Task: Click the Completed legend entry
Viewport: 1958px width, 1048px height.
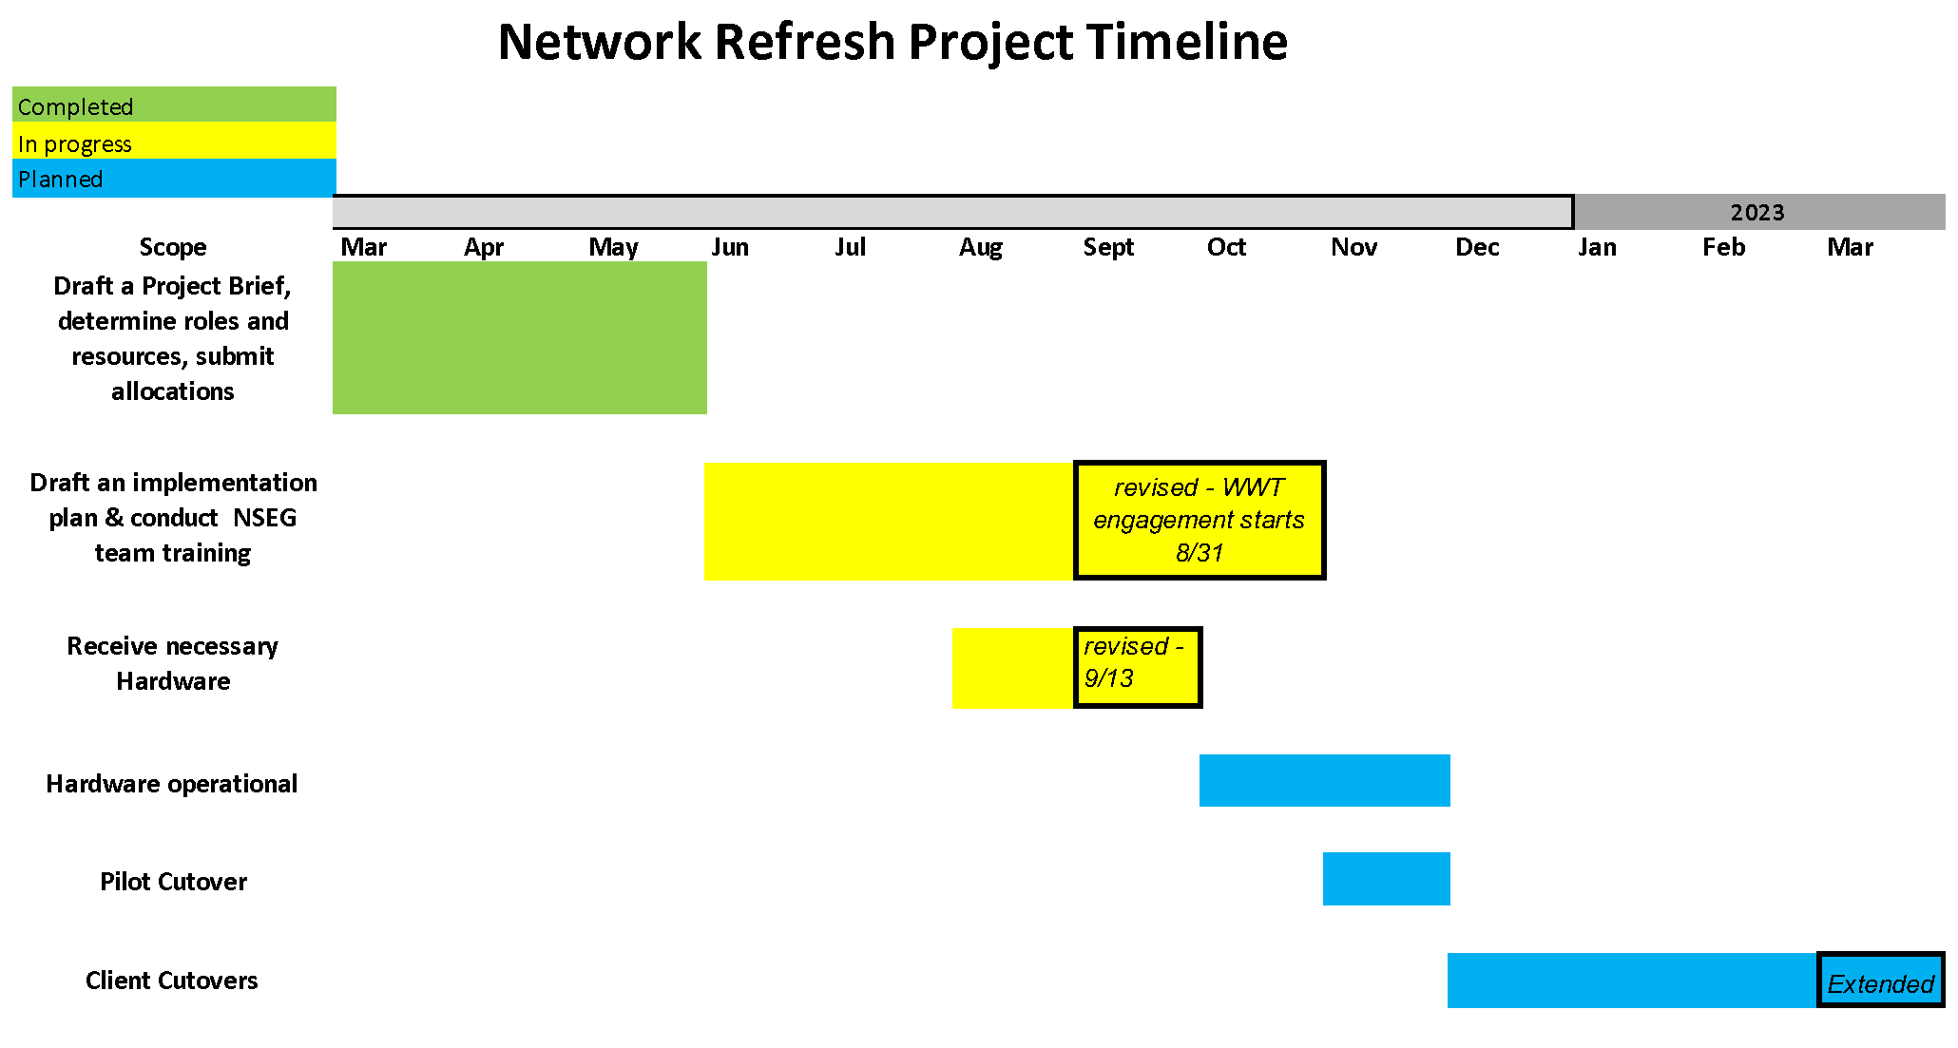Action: click(x=174, y=105)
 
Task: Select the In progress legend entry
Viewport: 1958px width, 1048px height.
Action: click(x=174, y=141)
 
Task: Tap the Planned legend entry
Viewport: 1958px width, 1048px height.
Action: click(x=174, y=178)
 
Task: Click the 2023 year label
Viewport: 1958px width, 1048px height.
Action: click(x=1756, y=212)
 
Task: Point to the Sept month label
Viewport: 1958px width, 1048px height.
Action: click(x=1108, y=248)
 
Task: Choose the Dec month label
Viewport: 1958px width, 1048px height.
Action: click(x=1477, y=247)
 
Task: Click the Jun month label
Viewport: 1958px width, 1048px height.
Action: click(x=730, y=247)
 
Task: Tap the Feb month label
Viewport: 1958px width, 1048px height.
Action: click(x=1723, y=247)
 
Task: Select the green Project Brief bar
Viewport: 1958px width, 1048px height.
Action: click(x=520, y=337)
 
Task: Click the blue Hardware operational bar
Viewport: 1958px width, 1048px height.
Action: click(x=1325, y=780)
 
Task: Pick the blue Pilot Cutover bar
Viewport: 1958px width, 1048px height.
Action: click(x=1387, y=879)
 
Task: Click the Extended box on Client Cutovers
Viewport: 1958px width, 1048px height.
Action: click(x=1881, y=981)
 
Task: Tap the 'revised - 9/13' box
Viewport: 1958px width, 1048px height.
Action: click(x=1138, y=667)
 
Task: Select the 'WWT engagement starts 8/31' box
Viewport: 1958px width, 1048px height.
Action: click(x=1200, y=520)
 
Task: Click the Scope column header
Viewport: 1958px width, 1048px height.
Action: click(x=173, y=247)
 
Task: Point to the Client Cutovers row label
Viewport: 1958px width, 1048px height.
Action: click(x=172, y=981)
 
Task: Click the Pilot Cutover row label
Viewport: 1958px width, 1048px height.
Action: click(x=173, y=882)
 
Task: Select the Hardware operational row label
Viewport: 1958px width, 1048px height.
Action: click(x=172, y=784)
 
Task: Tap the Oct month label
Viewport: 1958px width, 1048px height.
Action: click(x=1226, y=247)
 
